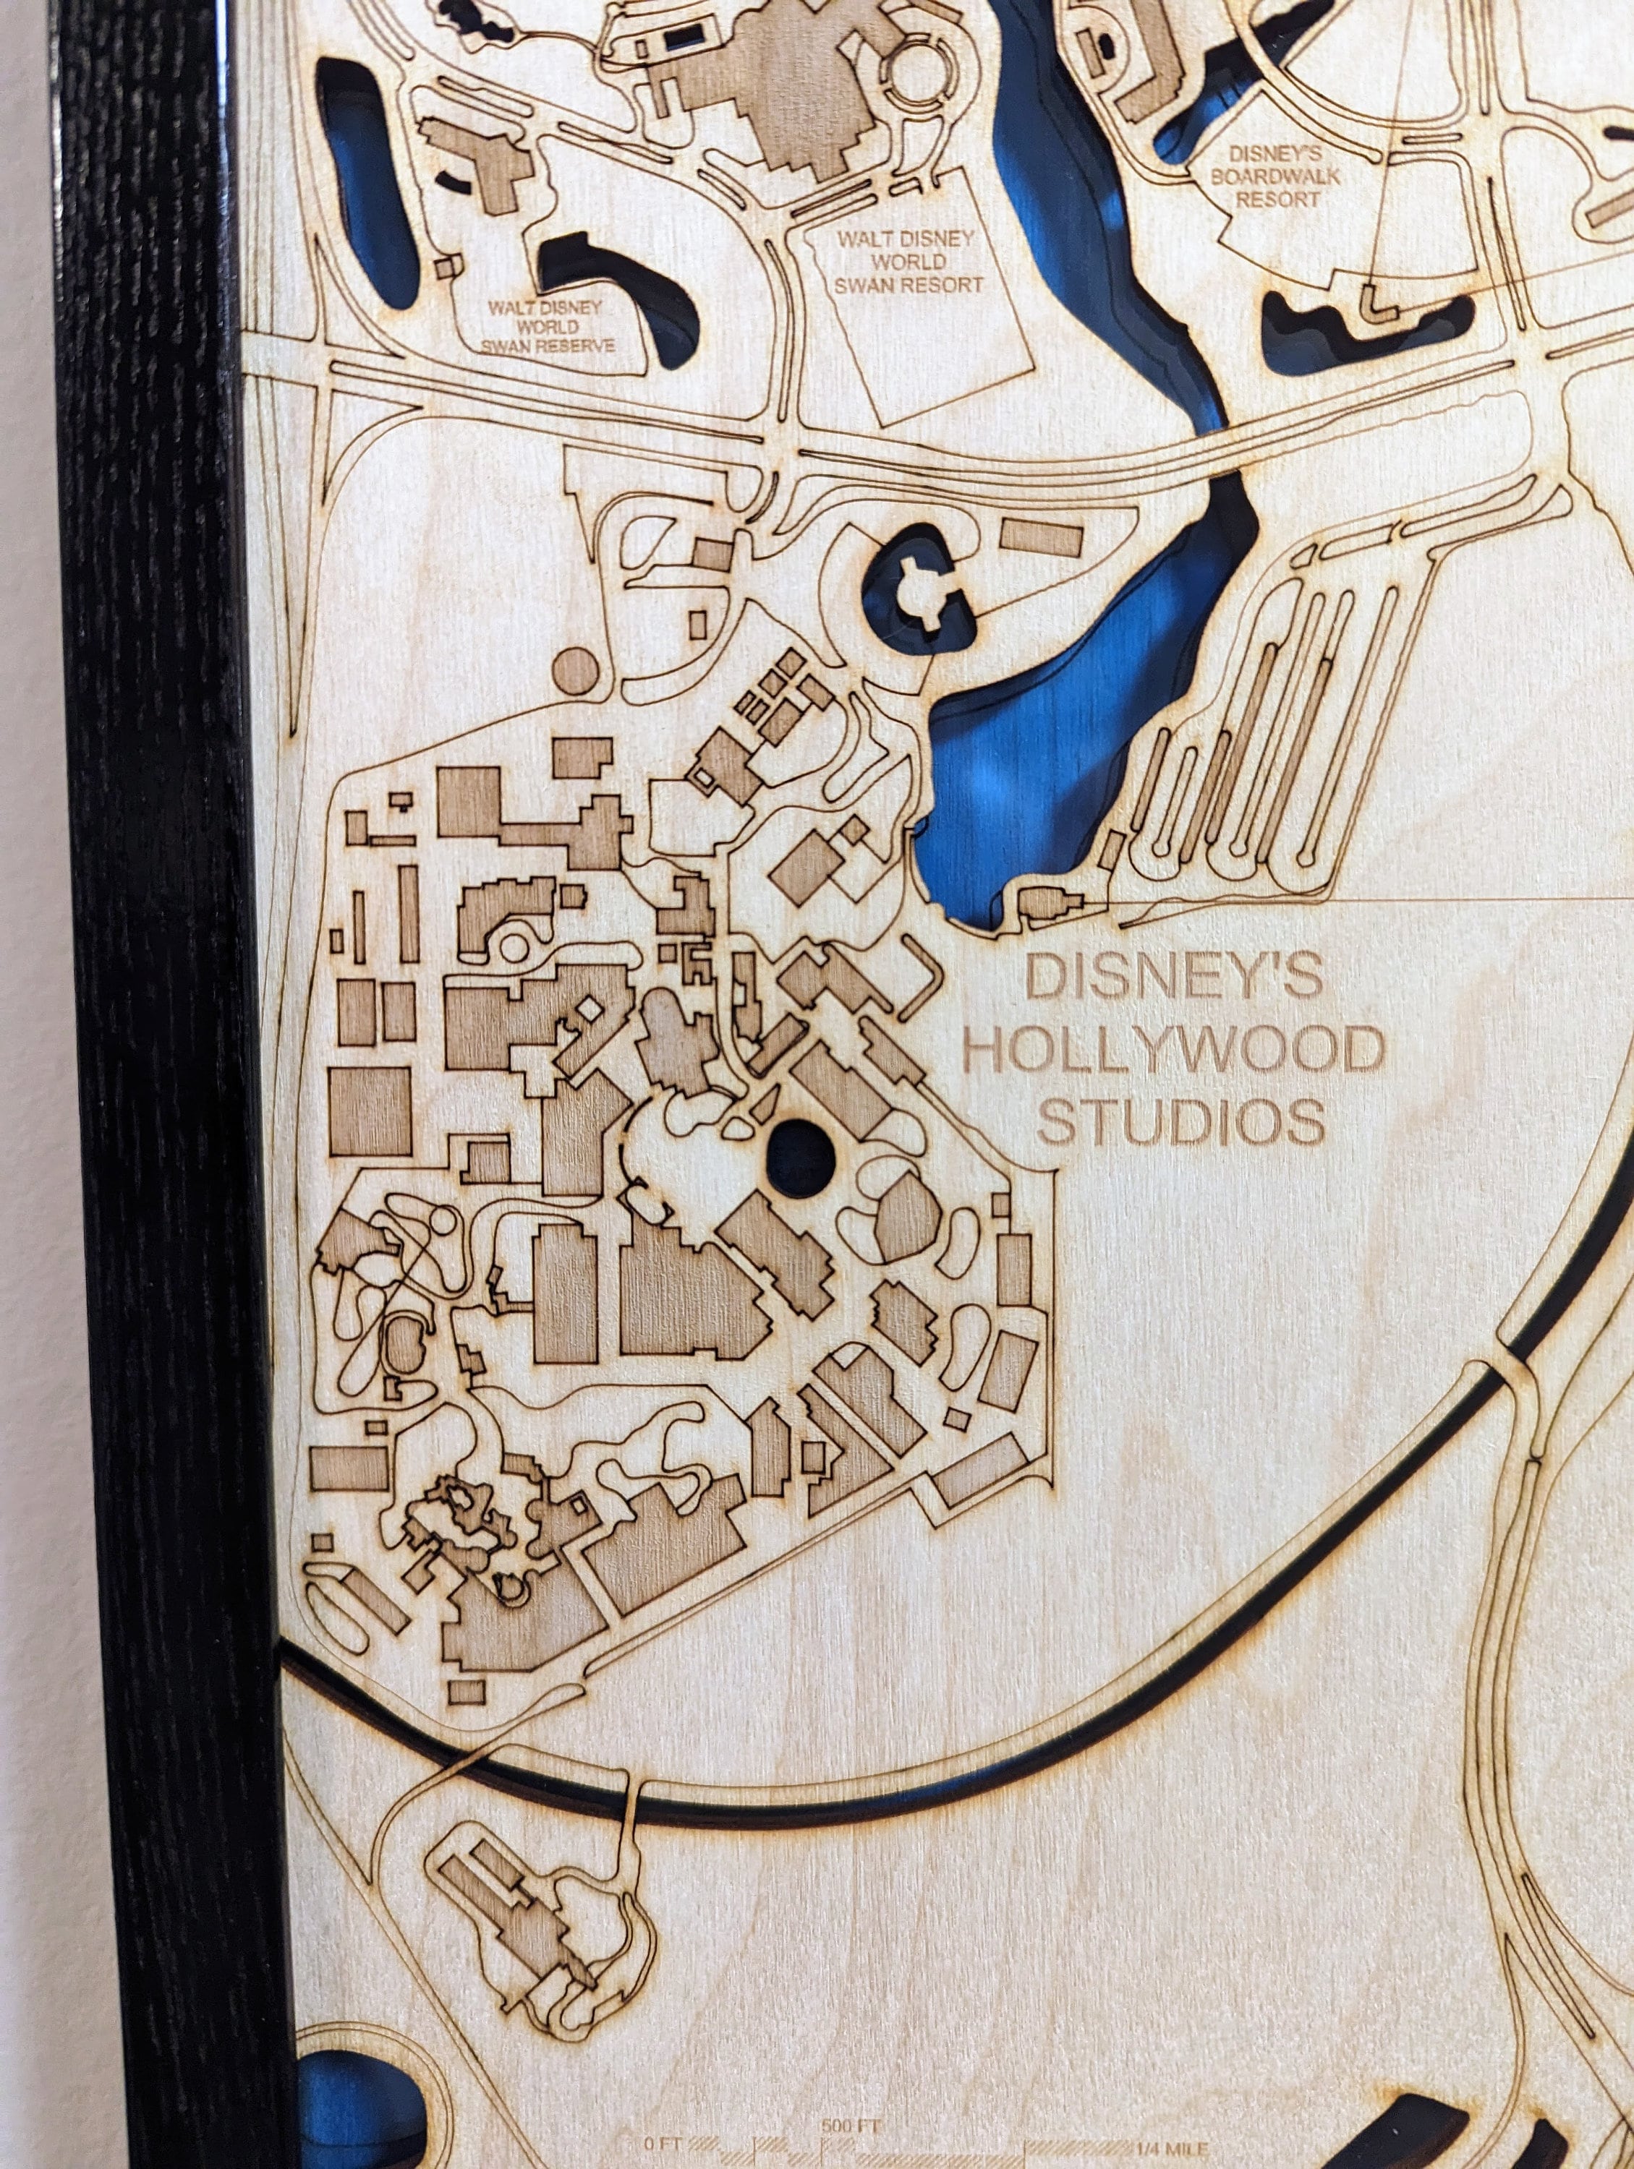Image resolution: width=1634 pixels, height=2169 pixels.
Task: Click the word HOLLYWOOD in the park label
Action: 1173,1051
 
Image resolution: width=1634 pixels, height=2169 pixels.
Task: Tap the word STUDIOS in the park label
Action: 1182,1122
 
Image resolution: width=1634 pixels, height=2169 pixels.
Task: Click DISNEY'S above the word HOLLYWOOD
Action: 1173,979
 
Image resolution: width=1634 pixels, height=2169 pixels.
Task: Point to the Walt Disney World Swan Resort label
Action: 909,262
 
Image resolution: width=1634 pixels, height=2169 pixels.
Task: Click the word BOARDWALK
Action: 1276,176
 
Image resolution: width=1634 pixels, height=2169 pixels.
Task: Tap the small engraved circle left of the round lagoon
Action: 575,669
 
